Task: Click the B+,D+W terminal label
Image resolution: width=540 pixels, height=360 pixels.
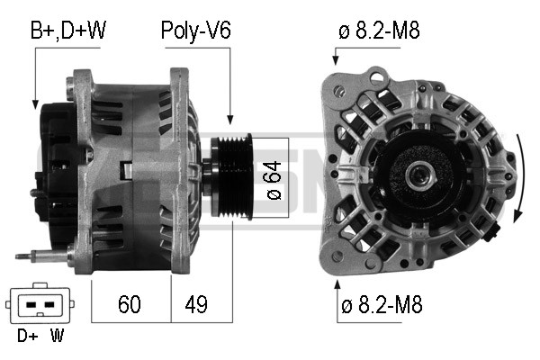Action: tap(67, 31)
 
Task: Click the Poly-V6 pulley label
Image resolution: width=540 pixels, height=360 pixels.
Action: tap(195, 31)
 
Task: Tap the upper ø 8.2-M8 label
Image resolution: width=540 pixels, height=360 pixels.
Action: tap(379, 31)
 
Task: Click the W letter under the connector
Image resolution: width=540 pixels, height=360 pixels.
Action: tap(58, 337)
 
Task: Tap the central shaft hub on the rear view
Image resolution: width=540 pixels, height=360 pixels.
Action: tap(418, 176)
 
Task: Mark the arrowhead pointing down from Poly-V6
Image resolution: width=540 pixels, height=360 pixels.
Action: tap(231, 121)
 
